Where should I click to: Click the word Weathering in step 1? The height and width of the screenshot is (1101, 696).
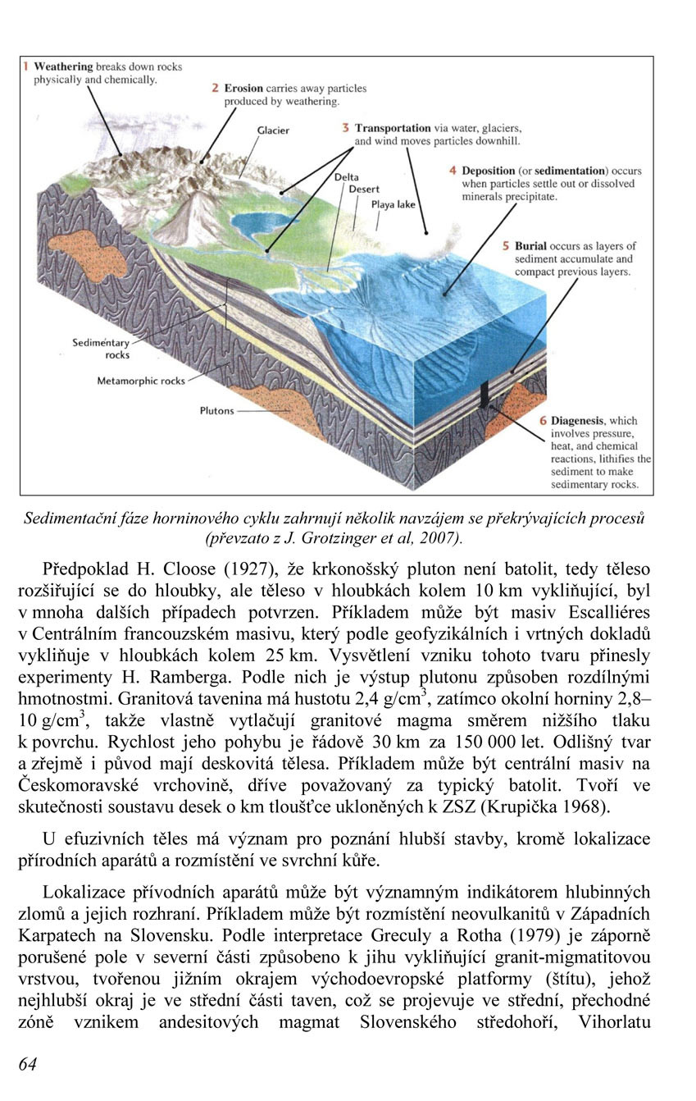pyautogui.click(x=62, y=66)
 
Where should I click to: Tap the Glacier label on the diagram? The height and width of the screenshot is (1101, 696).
pyautogui.click(x=273, y=130)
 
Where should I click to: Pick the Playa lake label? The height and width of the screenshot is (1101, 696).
pyautogui.click(x=393, y=204)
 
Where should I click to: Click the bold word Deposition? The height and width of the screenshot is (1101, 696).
pyautogui.click(x=492, y=171)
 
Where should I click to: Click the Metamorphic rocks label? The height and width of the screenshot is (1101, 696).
pyautogui.click(x=141, y=381)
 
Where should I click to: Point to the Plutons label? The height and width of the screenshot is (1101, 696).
pyautogui.click(x=216, y=411)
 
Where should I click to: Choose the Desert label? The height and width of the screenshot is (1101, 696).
pyautogui.click(x=364, y=189)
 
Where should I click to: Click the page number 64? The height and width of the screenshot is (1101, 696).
pyautogui.click(x=27, y=1064)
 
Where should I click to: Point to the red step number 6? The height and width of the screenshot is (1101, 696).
pyautogui.click(x=542, y=420)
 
